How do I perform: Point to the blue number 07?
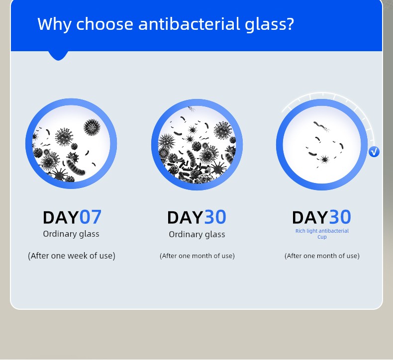pos(91,217)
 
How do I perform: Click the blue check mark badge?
pos(374,152)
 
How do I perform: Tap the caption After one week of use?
pos(72,256)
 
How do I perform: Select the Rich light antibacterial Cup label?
pos(322,234)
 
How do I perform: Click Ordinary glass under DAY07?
pos(71,234)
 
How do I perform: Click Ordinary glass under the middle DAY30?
pos(197,235)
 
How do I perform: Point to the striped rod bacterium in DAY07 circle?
pos(76,167)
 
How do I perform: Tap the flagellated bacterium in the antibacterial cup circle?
pos(321,126)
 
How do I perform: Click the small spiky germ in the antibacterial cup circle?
pos(324,159)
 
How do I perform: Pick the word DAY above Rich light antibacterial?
pos(310,217)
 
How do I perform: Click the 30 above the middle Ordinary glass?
pos(215,217)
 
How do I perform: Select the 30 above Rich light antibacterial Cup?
pos(340,217)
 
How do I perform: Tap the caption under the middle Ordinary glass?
pos(197,256)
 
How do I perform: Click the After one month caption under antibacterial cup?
pos(322,256)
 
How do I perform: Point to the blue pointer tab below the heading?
pos(58,56)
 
